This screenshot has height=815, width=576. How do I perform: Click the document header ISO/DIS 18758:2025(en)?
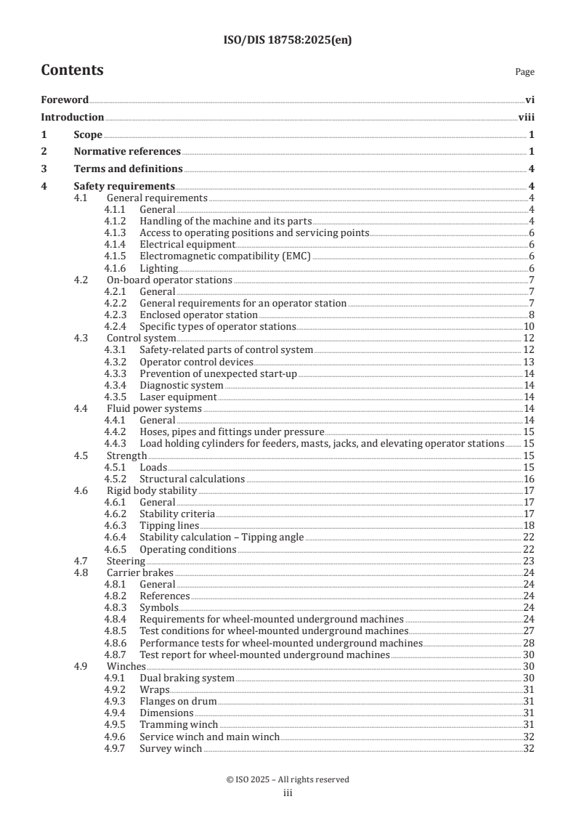coord(288,41)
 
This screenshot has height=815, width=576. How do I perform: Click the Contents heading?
coord(72,70)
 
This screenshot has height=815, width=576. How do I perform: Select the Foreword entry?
coord(65,100)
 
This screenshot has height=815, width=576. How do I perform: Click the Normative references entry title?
coord(127,151)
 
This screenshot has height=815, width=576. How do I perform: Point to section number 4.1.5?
coord(115,256)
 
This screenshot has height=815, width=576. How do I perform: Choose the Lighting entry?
coord(158,268)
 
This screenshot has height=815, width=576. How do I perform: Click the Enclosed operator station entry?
coord(198,315)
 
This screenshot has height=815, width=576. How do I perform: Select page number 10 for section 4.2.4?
coord(529,326)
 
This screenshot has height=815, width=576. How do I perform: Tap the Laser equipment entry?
coord(178,397)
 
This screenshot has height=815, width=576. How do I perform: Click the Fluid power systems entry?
coord(154,408)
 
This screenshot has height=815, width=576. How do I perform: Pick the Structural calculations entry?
coord(192,479)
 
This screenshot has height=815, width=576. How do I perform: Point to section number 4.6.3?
coord(115,525)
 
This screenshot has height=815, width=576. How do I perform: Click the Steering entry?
coord(126,561)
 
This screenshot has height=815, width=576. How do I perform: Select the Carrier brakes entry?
coord(140,572)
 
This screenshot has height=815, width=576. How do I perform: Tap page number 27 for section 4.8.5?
coord(529,630)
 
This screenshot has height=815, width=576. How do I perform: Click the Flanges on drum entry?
coord(178,701)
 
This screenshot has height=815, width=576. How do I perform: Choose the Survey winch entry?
coord(171,748)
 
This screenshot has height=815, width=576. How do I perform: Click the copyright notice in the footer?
coord(288,779)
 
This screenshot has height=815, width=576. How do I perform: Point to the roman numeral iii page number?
coord(288,793)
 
